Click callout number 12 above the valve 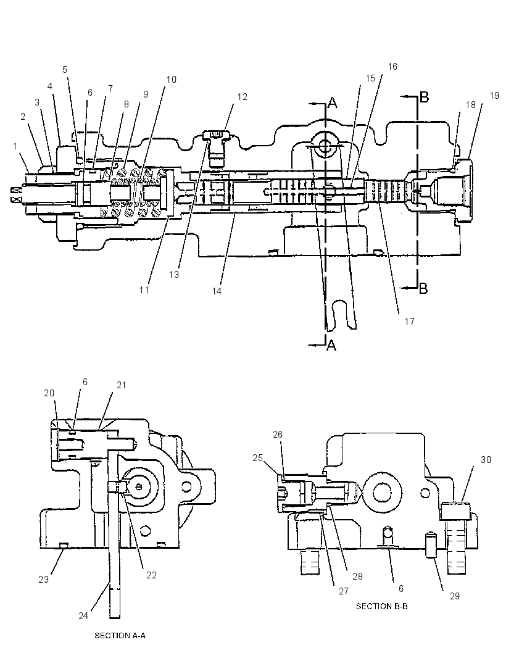coord(242,96)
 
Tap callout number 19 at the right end coord(494,95)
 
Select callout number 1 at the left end coord(15,146)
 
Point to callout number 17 coord(410,321)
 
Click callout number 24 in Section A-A coord(83,615)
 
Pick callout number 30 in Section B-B coord(486,459)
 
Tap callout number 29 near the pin coord(455,596)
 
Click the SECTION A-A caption coord(120,635)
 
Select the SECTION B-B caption coord(382,606)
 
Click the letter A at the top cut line coord(332,102)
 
